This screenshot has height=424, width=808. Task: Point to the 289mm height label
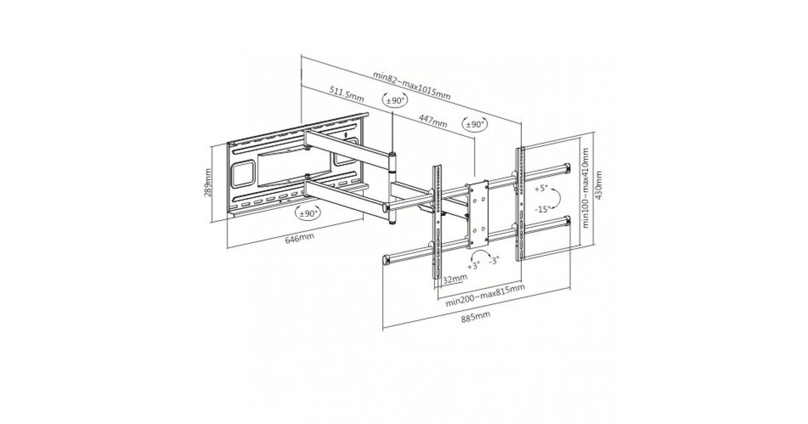209,182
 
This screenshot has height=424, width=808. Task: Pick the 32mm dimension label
455,277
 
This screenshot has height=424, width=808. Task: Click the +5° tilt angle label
543,189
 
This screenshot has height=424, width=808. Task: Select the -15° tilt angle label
543,209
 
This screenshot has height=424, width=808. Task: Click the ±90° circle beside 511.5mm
395,100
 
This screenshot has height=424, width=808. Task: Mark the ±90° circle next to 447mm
475,125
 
